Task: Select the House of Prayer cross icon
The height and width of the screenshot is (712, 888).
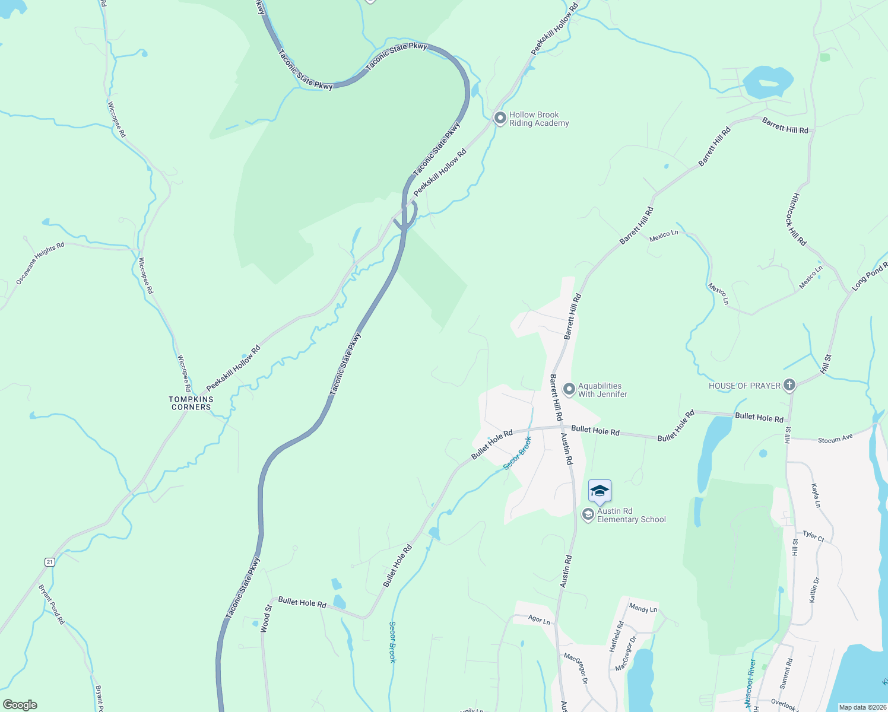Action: (789, 386)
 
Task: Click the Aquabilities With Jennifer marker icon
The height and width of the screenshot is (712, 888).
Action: (569, 389)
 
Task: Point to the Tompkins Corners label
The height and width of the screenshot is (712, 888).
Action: (191, 403)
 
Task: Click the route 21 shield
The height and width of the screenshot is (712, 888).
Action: (50, 562)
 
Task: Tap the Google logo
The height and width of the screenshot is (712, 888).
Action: (20, 705)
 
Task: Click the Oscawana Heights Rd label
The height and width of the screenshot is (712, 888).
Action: (40, 263)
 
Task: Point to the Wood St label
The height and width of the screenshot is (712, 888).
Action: (265, 619)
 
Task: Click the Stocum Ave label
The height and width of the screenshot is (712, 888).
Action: (835, 440)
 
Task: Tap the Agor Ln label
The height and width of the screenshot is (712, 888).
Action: (539, 619)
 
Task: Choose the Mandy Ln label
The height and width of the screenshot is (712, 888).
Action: (643, 608)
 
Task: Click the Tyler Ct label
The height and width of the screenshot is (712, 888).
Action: (813, 536)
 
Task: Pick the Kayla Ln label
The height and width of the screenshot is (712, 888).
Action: (816, 495)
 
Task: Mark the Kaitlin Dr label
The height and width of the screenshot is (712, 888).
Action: (814, 590)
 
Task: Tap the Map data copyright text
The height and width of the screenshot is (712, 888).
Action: (862, 707)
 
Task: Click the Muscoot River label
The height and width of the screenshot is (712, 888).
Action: (750, 683)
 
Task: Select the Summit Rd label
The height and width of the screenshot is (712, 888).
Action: (785, 673)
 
